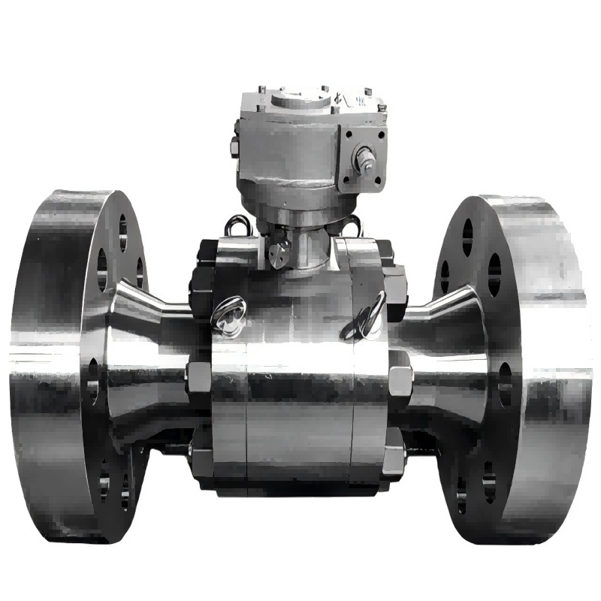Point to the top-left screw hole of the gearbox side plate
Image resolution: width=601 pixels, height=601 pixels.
click(347, 136)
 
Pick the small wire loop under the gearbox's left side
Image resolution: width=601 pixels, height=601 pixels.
click(239, 224)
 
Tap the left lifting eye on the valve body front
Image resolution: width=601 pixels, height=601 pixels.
click(226, 315)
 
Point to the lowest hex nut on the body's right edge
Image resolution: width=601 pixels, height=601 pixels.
click(394, 455)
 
